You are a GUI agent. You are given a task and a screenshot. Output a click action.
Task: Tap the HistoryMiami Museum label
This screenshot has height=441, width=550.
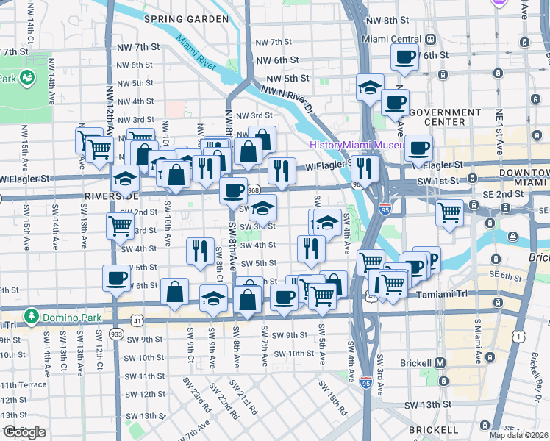click(x=357, y=146)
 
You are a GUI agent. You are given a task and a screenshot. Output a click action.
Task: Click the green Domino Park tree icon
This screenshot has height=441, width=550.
click(x=31, y=317)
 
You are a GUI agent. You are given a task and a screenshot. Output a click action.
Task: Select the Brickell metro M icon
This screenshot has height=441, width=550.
click(x=440, y=362)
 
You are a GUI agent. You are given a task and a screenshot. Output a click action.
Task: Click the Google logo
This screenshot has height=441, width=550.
click(x=24, y=432)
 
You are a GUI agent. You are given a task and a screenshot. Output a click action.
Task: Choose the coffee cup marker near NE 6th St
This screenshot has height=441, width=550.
click(x=405, y=57)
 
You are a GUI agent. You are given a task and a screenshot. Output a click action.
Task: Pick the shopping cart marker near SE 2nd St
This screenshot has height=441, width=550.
click(x=449, y=212)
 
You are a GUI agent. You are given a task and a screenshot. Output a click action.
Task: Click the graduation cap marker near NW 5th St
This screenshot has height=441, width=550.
click(x=369, y=87)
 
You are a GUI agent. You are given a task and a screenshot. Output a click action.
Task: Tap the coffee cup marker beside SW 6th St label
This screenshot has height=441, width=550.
click(x=116, y=279)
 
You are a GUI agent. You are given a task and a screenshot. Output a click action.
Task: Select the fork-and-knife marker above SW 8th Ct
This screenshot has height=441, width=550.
click(x=200, y=250)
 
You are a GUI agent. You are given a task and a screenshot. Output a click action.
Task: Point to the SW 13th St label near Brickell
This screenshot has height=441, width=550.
click(x=427, y=405)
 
